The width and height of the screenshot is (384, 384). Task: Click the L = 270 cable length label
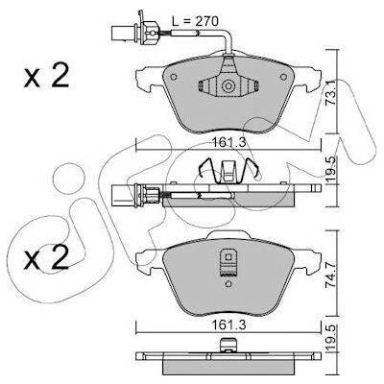coord(195,21)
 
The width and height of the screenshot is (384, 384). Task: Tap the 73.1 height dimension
coord(330,92)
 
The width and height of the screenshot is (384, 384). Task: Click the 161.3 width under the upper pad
coord(229,141)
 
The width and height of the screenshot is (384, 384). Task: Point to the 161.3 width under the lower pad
coord(229,325)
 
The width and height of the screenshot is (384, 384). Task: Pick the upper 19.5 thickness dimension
coord(330,170)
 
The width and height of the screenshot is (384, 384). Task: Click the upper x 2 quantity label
coord(47,76)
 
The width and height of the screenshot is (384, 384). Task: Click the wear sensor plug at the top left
coord(133,32)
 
